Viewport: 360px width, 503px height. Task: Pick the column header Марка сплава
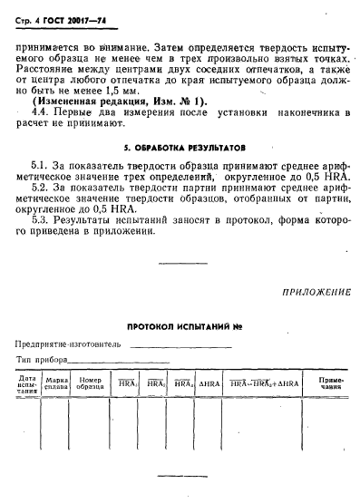pos(58,384)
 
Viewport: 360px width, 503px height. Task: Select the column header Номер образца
pos(91,384)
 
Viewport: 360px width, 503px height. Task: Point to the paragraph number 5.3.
pos(38,221)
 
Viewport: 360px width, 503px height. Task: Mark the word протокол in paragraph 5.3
pos(219,221)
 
